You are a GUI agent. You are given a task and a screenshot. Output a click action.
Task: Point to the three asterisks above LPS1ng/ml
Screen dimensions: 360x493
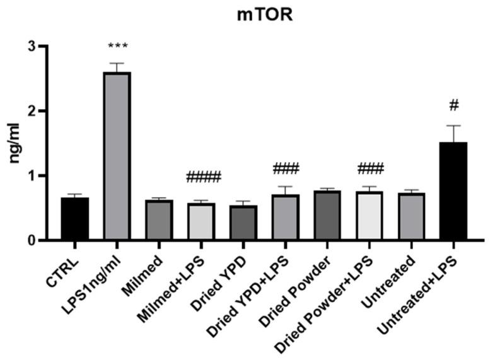(x=118, y=47)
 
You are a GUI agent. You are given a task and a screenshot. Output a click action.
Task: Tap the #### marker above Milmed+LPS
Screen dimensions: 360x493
(x=204, y=178)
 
